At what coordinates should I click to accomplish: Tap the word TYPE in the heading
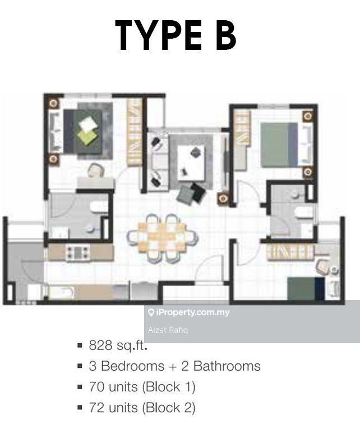coord(159,35)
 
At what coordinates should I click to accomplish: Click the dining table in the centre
coord(161,238)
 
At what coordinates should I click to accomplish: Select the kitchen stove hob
coord(79,252)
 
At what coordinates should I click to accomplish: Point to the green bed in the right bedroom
coord(279,145)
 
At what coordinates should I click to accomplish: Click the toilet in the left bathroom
coord(99,207)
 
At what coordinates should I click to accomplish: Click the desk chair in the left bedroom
coord(96,170)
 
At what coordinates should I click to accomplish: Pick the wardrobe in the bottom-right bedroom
coord(290,252)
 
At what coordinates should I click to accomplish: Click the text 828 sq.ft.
coord(118,345)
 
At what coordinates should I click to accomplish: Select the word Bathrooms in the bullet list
coord(227,366)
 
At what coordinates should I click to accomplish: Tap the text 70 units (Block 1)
coord(142,387)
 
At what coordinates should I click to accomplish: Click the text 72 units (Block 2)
coord(142,408)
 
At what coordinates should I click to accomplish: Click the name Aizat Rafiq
coord(168,330)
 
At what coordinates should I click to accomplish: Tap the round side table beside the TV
coord(223,198)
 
